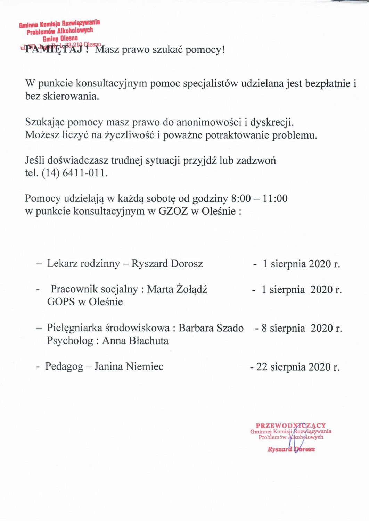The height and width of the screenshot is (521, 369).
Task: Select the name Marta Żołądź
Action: (x=177, y=289)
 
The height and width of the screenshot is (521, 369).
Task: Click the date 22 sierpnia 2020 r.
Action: (x=297, y=367)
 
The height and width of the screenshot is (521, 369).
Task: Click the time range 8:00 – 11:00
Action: (x=259, y=199)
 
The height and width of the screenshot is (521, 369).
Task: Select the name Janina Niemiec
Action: (x=129, y=366)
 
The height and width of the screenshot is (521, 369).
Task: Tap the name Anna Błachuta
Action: (x=135, y=340)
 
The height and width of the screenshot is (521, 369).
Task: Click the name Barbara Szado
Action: (x=211, y=328)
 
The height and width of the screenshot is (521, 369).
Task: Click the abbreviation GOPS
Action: (x=61, y=301)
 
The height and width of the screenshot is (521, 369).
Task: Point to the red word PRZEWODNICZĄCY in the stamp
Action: (x=291, y=425)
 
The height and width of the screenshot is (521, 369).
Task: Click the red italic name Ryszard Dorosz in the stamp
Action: (x=291, y=449)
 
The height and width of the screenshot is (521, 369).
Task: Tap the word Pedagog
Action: (x=64, y=366)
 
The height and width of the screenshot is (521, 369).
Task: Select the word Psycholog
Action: (x=70, y=340)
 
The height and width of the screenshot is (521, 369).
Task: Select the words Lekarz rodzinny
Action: (x=83, y=263)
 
